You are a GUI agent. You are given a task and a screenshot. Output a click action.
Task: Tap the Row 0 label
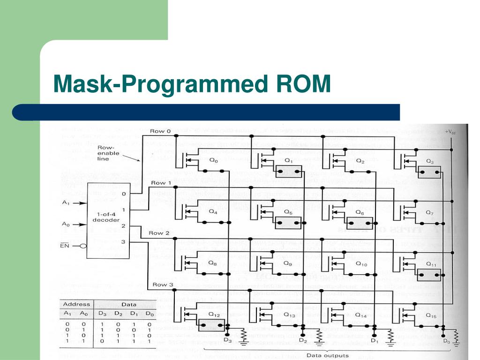pyautogui.click(x=160, y=131)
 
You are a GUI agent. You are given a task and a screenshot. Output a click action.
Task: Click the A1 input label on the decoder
pyautogui.click(x=66, y=203)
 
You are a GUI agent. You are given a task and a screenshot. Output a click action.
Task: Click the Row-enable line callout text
pyautogui.click(x=108, y=153)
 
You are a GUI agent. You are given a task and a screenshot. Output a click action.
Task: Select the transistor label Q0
pyautogui.click(x=213, y=160)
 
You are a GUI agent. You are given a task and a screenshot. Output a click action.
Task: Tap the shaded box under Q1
pyautogui.click(x=288, y=172)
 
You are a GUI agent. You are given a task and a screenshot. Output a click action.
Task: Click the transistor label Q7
pyautogui.click(x=430, y=212)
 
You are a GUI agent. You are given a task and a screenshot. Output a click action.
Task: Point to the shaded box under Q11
pyautogui.click(x=428, y=274)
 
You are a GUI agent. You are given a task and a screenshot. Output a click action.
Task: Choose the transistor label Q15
pyautogui.click(x=431, y=316)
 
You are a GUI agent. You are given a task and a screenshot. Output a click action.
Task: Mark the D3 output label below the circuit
pyautogui.click(x=227, y=340)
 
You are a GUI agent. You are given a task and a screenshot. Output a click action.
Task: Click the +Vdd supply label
pyautogui.click(x=450, y=132)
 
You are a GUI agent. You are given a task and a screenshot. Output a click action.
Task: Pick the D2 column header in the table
pyautogui.click(x=118, y=313)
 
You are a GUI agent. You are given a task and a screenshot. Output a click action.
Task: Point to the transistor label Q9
pyautogui.click(x=287, y=264)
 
